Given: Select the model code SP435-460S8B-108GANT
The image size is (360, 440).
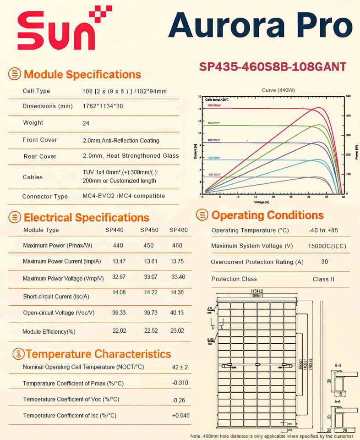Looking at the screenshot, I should click(273, 66).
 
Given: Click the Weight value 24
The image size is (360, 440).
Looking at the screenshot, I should click(86, 123).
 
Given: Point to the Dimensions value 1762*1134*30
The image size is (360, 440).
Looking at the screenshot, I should click(103, 106).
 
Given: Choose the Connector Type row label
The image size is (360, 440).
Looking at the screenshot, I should click(45, 197).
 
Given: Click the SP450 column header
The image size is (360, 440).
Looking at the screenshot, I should click(149, 230).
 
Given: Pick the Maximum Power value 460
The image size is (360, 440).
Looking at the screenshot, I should click(177, 246).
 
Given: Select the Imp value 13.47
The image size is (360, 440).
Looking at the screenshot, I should click(119, 261).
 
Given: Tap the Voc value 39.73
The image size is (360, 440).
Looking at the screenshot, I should click(148, 313).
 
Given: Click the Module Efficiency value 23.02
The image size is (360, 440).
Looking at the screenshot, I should click(178, 331).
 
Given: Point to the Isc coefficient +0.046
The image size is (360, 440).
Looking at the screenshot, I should click(181, 415).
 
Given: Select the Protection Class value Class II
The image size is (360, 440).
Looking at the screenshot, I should click(324, 279).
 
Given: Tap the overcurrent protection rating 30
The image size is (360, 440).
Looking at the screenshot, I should click(325, 262).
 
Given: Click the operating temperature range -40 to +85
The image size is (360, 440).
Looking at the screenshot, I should click(323, 230).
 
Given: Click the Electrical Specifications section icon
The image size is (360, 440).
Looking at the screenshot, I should click(15, 217).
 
